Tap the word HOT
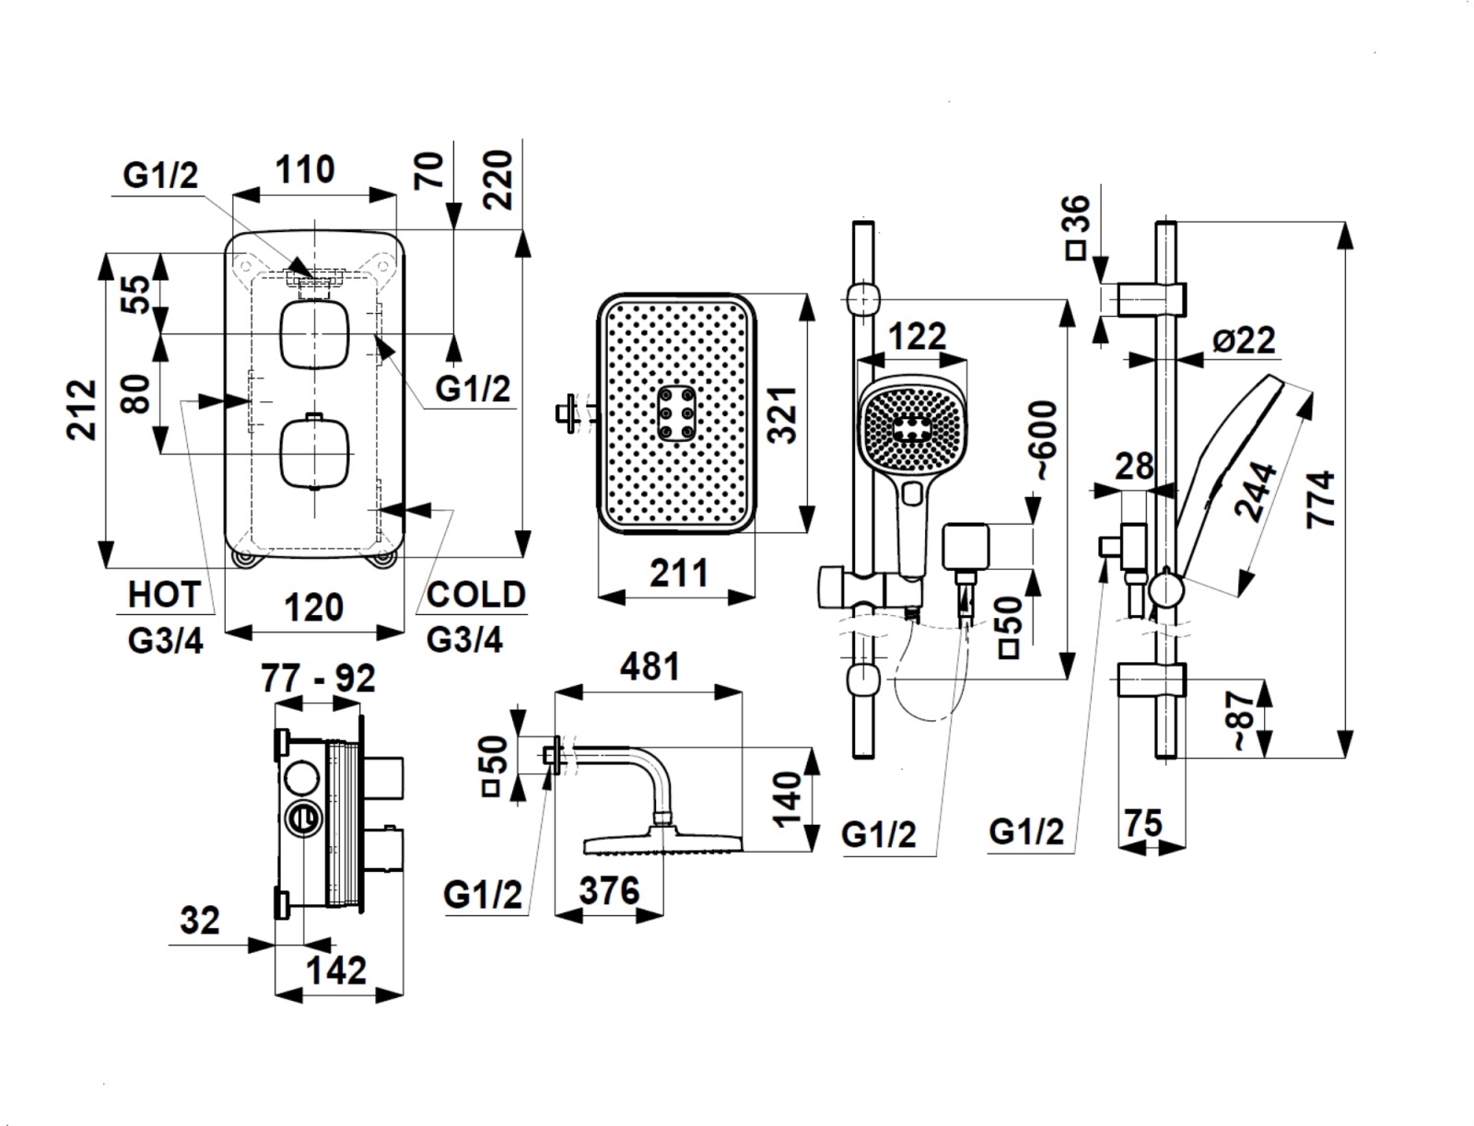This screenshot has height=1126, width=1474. coord(164,595)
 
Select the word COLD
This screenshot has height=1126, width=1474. coord(475,595)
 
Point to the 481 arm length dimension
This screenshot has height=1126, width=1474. coord(649,666)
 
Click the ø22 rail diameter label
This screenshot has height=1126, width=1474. coord(1244,341)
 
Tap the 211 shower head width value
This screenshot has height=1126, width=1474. coord(679,574)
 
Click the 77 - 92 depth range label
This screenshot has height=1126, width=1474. coord(318,679)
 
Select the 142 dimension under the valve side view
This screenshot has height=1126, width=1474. coord(335,969)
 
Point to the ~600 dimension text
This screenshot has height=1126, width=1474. coord(1046,440)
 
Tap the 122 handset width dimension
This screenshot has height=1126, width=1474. coord(918,336)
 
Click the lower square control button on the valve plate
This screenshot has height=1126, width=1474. coord(314,452)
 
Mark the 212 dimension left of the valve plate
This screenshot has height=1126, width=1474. coord(83,409)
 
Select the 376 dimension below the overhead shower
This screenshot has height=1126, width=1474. coord(608,890)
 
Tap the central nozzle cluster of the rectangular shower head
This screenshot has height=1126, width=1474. coord(676,412)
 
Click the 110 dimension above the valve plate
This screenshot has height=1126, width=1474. coord(305,169)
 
